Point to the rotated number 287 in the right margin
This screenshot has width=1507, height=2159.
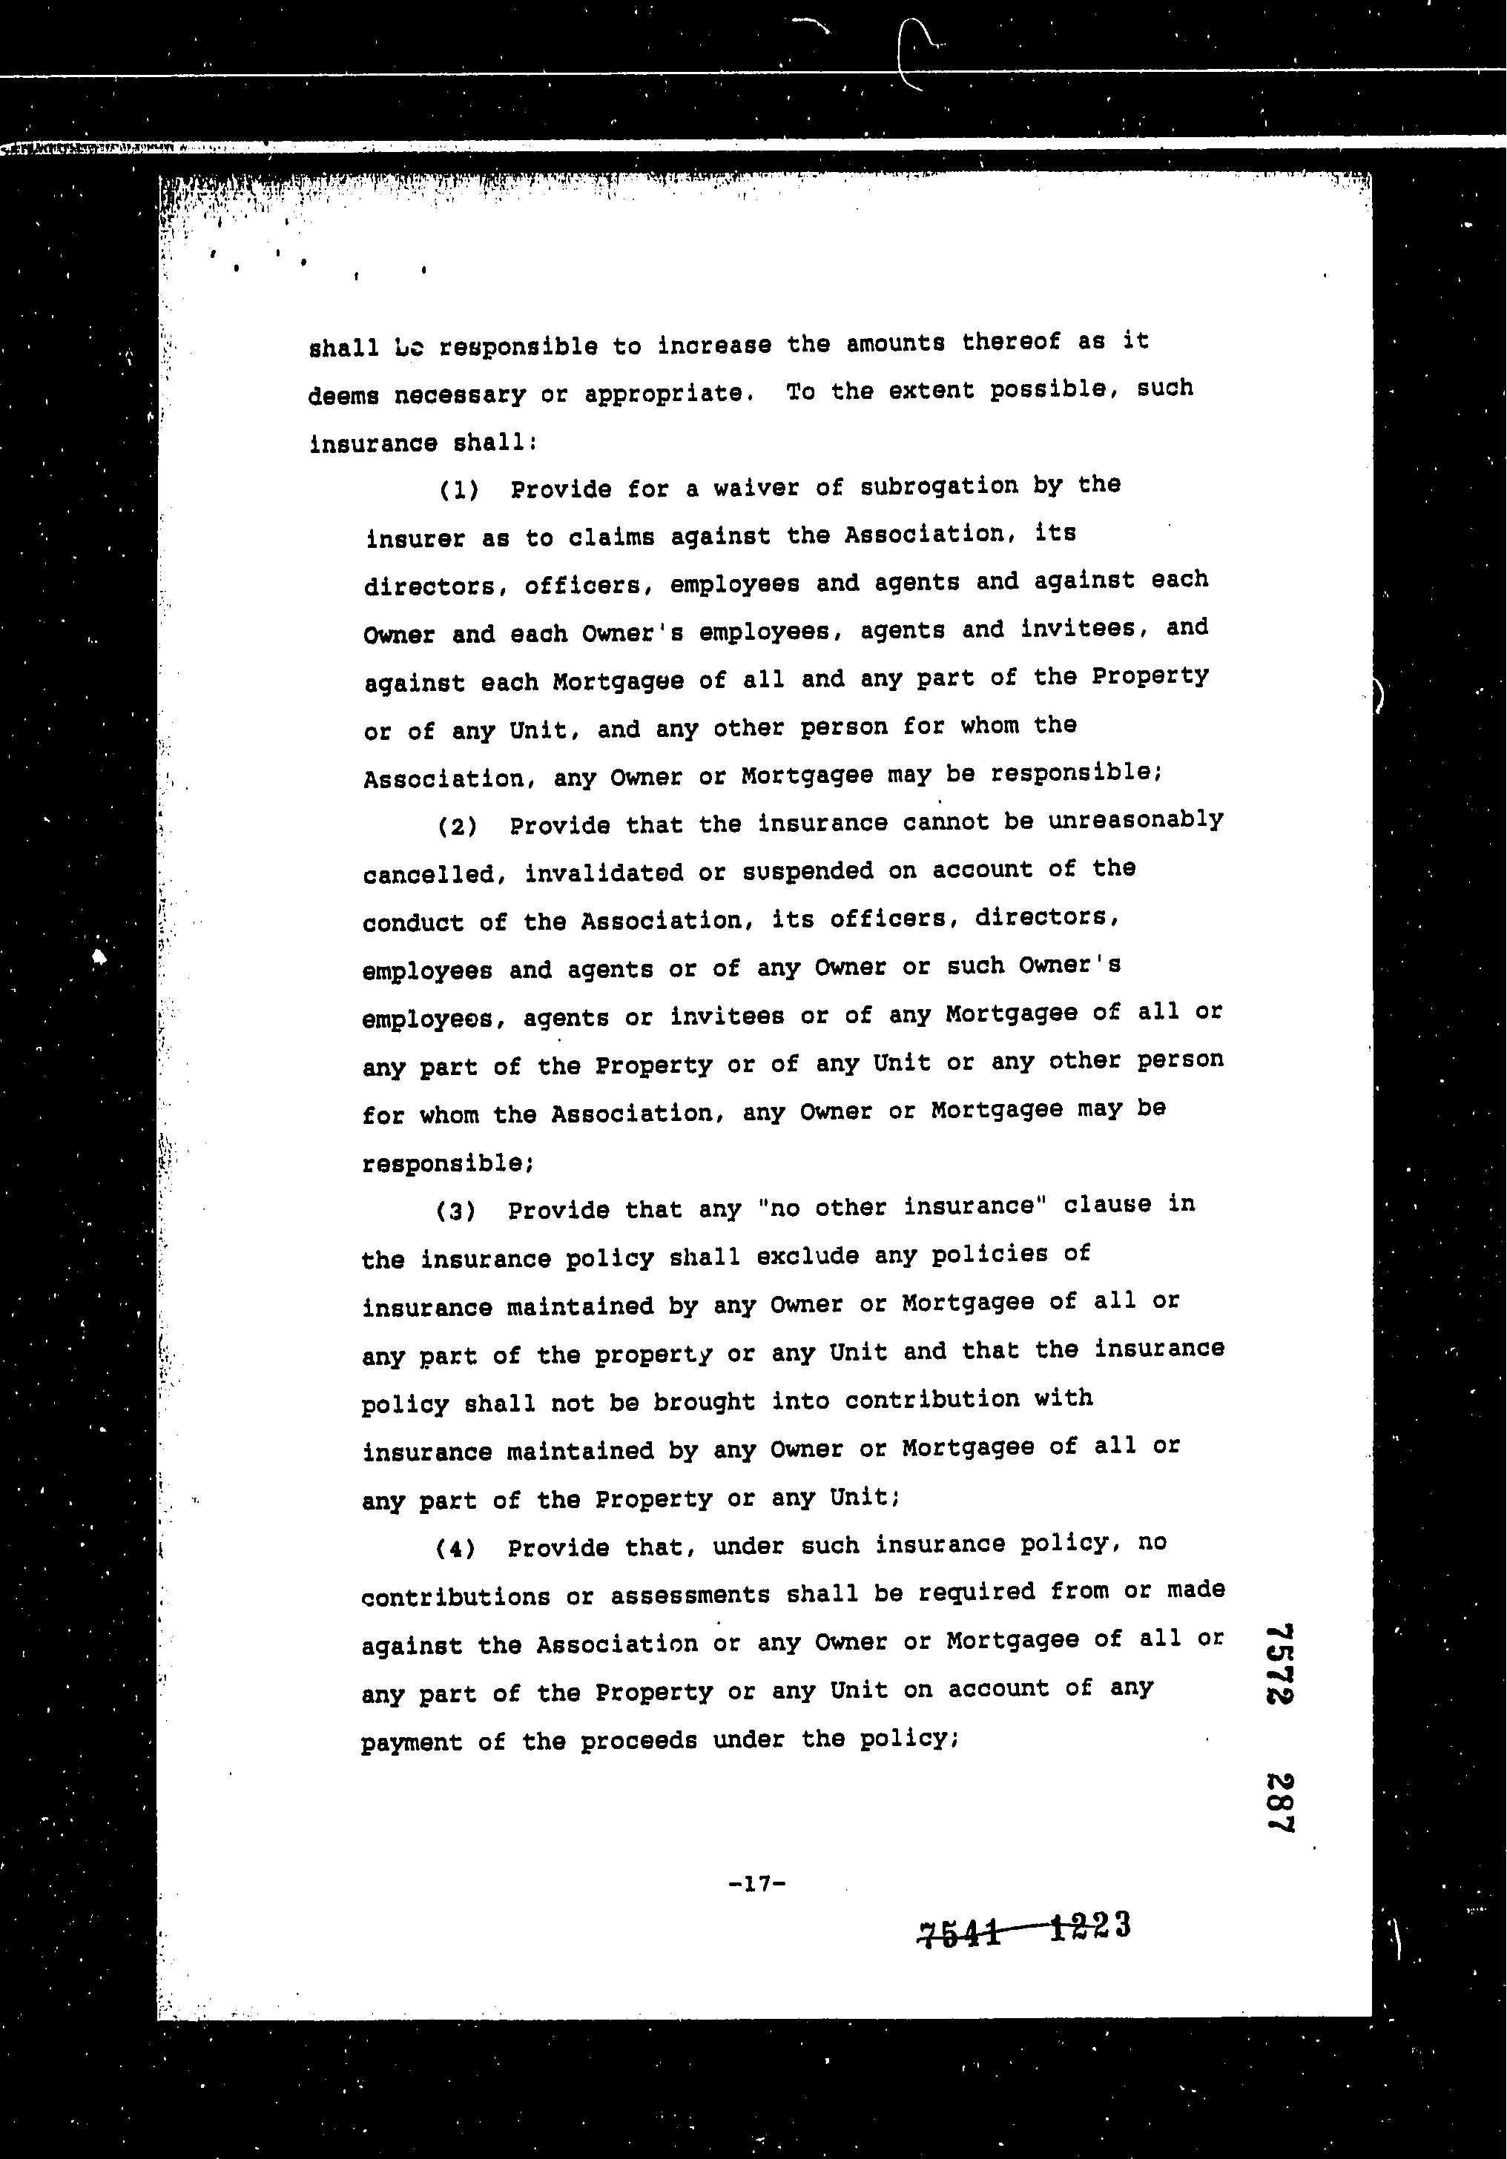pyautogui.click(x=1279, y=1802)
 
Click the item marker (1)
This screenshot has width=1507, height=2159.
pyautogui.click(x=459, y=490)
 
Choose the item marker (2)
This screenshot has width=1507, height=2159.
pyautogui.click(x=458, y=827)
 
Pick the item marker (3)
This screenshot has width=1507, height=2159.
pyautogui.click(x=456, y=1210)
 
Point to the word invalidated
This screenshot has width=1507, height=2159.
pyautogui.click(x=604, y=873)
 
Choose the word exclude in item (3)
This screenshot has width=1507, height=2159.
pyautogui.click(x=807, y=1255)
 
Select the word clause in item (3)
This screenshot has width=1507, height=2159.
pyautogui.click(x=1107, y=1205)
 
